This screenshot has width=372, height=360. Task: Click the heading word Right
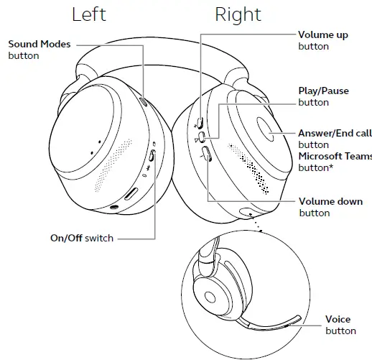(238, 14)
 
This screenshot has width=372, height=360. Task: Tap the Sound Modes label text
(39, 45)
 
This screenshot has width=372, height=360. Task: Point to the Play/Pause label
(324, 91)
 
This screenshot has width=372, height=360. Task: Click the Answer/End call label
(335, 134)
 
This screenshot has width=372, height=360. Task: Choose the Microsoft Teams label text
(335, 157)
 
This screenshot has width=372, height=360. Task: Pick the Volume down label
(330, 202)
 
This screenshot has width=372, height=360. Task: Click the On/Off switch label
(81, 238)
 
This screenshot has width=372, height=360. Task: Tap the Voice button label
(338, 319)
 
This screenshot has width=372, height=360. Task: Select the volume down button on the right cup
(205, 153)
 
